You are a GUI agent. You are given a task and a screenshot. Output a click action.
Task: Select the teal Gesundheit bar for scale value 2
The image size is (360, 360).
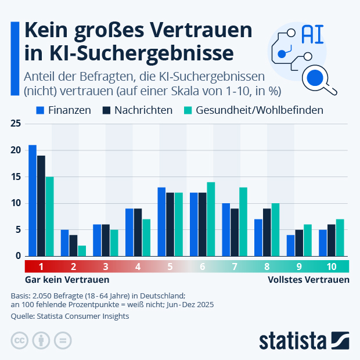(x=82, y=251)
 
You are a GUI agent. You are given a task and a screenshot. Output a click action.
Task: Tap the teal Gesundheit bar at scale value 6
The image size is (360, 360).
(x=211, y=219)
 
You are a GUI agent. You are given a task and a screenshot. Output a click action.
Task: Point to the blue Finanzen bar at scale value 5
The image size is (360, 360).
(x=161, y=222)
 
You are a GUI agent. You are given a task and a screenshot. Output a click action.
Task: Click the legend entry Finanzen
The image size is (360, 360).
(x=63, y=110)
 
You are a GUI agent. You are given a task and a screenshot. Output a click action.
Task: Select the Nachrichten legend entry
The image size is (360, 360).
(x=137, y=110)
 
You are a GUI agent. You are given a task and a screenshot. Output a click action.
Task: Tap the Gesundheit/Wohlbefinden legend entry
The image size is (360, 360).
(x=253, y=110)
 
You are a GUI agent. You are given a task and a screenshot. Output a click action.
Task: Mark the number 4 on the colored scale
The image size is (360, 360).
(x=138, y=267)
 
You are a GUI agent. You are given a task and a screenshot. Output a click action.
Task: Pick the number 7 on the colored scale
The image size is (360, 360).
(x=234, y=267)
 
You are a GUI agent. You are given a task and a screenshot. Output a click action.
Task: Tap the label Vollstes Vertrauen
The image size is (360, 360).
(x=308, y=280)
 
